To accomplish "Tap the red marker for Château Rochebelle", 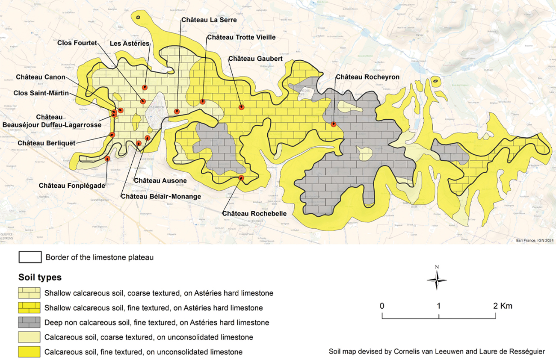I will pos(241,177).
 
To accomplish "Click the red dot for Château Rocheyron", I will pos(334,124).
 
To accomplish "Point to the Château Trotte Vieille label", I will pos(241,38).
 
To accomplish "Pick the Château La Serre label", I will pos(209,20).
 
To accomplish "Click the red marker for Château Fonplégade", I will pos(107,159).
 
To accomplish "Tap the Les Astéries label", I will pos(129,44).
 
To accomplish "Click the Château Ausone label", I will pos(160,181).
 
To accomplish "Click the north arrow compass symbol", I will pos(437,280).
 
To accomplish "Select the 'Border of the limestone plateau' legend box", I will pos(30,257).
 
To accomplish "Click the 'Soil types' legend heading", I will pos(40,277).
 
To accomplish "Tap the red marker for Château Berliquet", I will pos(112,135).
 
